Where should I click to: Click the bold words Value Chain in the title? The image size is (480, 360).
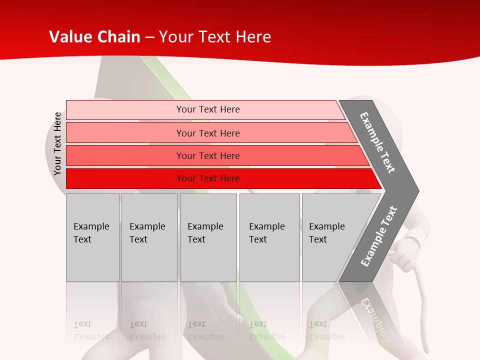point(94,37)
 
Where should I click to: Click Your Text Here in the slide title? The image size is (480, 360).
point(215,37)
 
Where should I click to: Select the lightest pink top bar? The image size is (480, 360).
point(207,109)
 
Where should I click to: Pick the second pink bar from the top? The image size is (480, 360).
point(207,133)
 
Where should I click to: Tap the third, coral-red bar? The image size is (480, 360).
point(207,155)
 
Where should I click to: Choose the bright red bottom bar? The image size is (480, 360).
point(207,178)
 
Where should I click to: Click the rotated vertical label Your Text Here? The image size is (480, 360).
point(57,143)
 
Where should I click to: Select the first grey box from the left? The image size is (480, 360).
point(92,237)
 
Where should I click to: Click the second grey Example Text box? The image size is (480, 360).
point(149,237)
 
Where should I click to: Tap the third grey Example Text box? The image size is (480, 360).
point(208,237)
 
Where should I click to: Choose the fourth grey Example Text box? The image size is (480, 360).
point(269,237)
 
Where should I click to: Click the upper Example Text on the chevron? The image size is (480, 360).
point(378,142)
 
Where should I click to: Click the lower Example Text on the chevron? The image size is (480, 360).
point(379,236)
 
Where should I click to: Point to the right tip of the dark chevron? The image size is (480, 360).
point(417,191)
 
